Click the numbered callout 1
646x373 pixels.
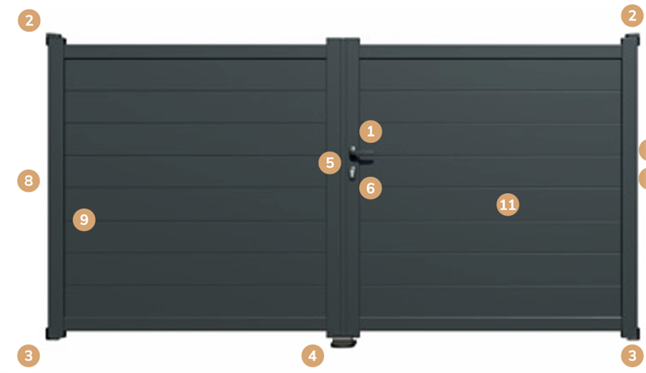tap(371, 131)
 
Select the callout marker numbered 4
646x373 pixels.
tap(312, 356)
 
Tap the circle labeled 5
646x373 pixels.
tap(330, 162)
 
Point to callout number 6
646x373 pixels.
tap(371, 188)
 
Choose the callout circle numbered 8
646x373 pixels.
tap(28, 181)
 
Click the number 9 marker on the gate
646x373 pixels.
tap(84, 219)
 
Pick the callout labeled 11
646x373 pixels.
tap(508, 205)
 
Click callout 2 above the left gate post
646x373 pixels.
tap(29, 20)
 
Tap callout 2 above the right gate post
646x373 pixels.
tap(632, 15)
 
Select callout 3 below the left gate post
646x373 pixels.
tap(28, 356)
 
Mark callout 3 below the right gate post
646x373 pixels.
tap(632, 356)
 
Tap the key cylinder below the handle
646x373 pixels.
tap(352, 173)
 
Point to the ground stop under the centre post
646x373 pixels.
tap(343, 342)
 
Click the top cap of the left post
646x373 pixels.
tap(55, 39)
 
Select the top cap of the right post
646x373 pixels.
tap(631, 40)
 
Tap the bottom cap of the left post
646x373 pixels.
tap(55, 334)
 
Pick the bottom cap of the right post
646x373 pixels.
tap(631, 334)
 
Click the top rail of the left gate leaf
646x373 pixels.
tap(195, 52)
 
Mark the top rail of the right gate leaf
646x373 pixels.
tap(491, 52)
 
